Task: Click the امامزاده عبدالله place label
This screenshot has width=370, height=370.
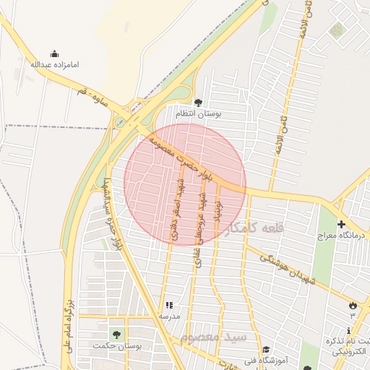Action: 54,65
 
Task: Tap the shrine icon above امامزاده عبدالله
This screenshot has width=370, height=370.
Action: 54,53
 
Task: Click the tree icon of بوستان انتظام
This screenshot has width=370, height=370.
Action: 199,102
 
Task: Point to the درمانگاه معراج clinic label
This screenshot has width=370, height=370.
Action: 341,236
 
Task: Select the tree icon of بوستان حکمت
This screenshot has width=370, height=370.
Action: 115,334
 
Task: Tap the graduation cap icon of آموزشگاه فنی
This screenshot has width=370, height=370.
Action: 266,348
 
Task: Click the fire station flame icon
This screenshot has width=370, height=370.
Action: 353,306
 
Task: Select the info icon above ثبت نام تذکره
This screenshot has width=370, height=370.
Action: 350,330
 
